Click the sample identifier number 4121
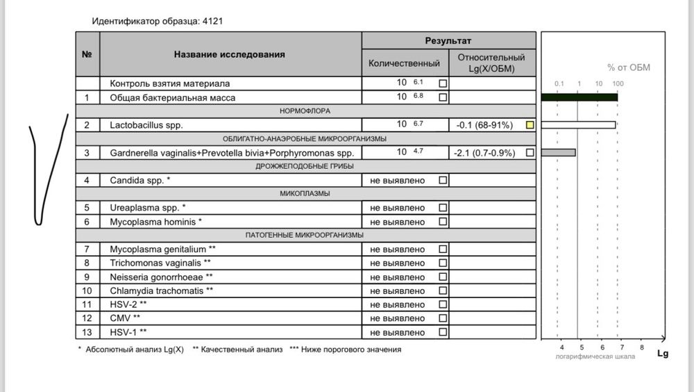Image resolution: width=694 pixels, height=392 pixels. (212, 21)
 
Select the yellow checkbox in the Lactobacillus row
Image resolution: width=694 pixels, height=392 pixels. (530, 125)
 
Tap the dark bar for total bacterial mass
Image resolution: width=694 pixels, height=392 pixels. (579, 97)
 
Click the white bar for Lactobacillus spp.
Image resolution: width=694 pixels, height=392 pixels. (577, 125)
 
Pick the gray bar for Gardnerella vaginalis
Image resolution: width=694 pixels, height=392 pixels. (558, 152)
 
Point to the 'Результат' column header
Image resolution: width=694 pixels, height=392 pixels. (448, 41)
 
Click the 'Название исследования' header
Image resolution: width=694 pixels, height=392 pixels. (229, 54)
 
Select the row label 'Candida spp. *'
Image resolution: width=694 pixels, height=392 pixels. (139, 180)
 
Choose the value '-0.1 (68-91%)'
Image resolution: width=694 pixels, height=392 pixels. (484, 125)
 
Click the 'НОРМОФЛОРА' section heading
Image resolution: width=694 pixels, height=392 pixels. (305, 111)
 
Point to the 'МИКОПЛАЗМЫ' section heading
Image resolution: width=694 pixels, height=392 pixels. (305, 193)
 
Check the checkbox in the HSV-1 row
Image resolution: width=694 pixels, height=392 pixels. (443, 332)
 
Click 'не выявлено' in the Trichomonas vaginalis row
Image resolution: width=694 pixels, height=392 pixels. (398, 263)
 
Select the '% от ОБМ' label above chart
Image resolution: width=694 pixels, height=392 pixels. (629, 67)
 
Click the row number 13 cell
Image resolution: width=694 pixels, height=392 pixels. (87, 332)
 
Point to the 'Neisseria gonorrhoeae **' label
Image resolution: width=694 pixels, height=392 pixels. (162, 277)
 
